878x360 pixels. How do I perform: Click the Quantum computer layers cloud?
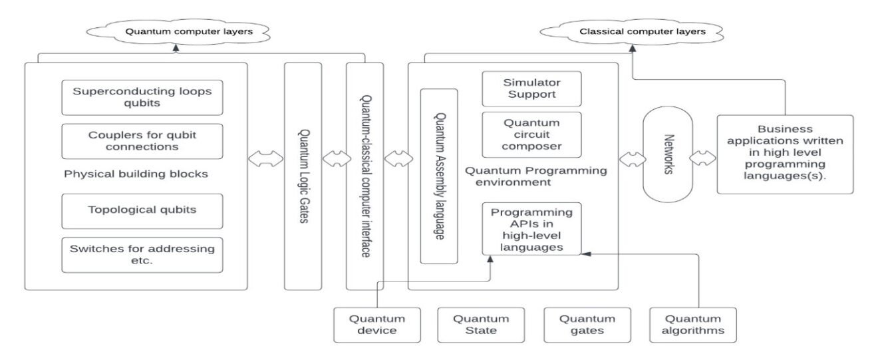pos(178,31)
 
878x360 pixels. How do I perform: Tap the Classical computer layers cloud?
pos(632,31)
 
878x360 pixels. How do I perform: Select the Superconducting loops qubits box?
pos(142,97)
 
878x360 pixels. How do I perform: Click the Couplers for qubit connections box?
pos(142,141)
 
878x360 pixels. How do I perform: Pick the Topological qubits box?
pos(142,210)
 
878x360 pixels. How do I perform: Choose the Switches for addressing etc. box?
pos(142,255)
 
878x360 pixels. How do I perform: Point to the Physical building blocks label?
pos(136,174)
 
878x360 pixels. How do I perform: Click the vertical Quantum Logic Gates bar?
pos(303,176)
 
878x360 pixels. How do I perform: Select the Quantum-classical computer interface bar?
pos(365,176)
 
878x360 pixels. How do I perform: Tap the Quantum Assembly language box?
pos(439,176)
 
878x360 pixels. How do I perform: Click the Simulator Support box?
pos(531,89)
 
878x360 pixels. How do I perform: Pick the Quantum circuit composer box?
pos(531,134)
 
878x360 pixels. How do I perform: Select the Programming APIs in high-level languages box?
pos(531,230)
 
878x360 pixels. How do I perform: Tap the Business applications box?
pos(786,154)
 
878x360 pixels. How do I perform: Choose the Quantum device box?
pos(377,325)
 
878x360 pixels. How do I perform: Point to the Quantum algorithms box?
pos(693,325)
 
